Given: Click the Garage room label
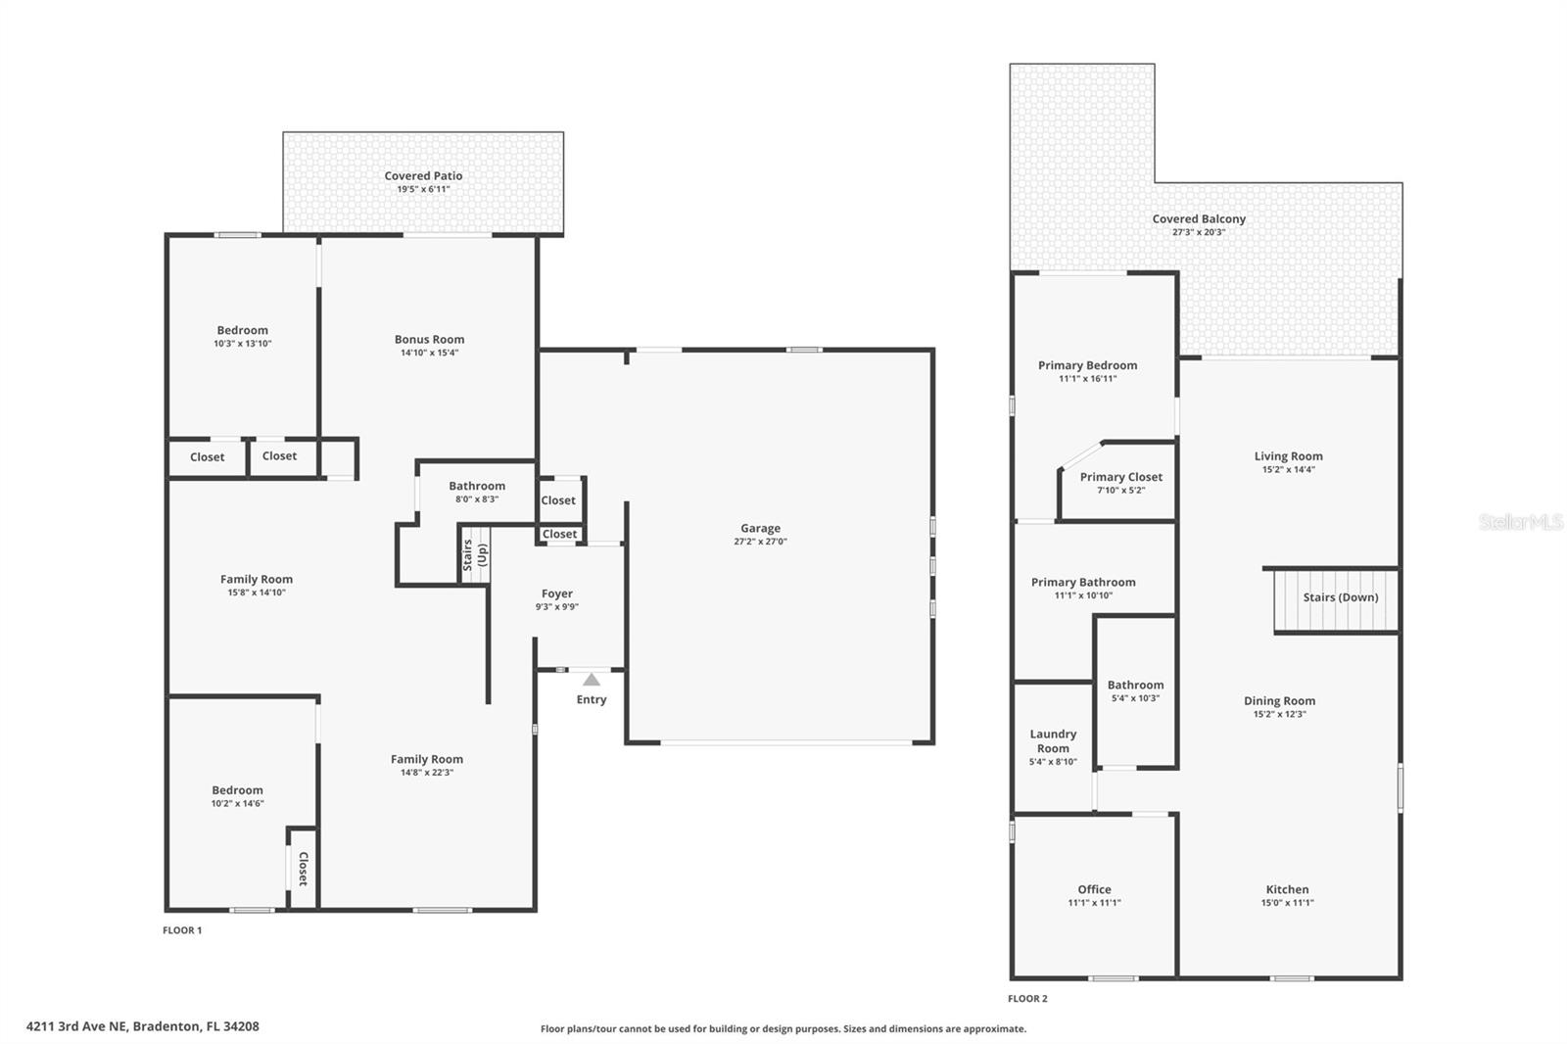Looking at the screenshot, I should (x=760, y=528).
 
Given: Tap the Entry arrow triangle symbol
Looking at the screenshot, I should (x=592, y=680).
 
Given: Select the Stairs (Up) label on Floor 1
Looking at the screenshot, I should (x=475, y=555).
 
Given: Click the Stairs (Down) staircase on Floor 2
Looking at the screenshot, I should (x=1337, y=600).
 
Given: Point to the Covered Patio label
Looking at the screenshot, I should (x=423, y=176).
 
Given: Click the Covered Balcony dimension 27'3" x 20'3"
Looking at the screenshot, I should (x=1199, y=233).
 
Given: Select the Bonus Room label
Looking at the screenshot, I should (x=429, y=340).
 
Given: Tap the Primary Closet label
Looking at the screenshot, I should (x=1121, y=477).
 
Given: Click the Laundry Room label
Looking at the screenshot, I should (x=1053, y=741).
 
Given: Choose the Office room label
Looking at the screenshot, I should (x=1094, y=889).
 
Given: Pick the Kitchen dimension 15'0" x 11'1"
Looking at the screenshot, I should (x=1287, y=903).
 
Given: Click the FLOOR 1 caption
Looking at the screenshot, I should (x=182, y=930).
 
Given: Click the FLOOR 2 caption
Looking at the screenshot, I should (x=1027, y=999).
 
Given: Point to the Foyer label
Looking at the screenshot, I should (x=557, y=593).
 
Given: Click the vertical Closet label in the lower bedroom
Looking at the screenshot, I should (x=303, y=869).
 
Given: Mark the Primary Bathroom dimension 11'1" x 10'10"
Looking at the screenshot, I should (x=1083, y=595).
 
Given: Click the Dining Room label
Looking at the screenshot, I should (x=1279, y=700).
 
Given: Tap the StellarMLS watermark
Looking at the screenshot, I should (x=1520, y=522).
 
